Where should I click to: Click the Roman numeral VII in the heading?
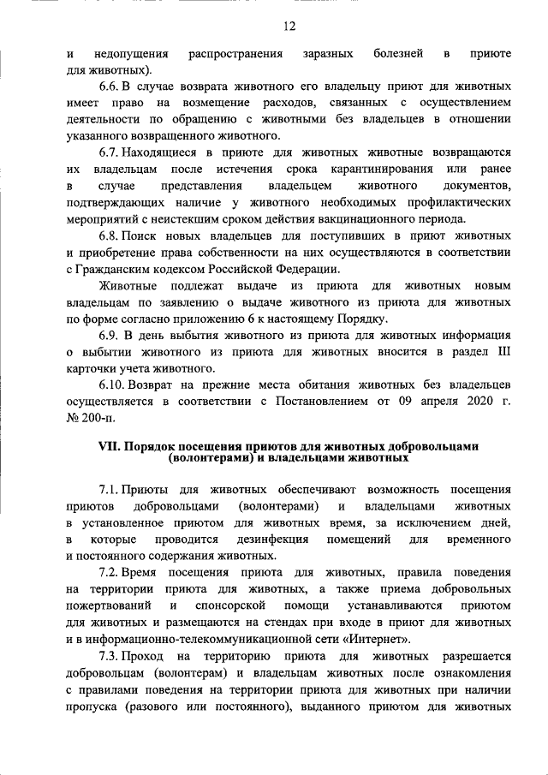coord(111,446)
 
